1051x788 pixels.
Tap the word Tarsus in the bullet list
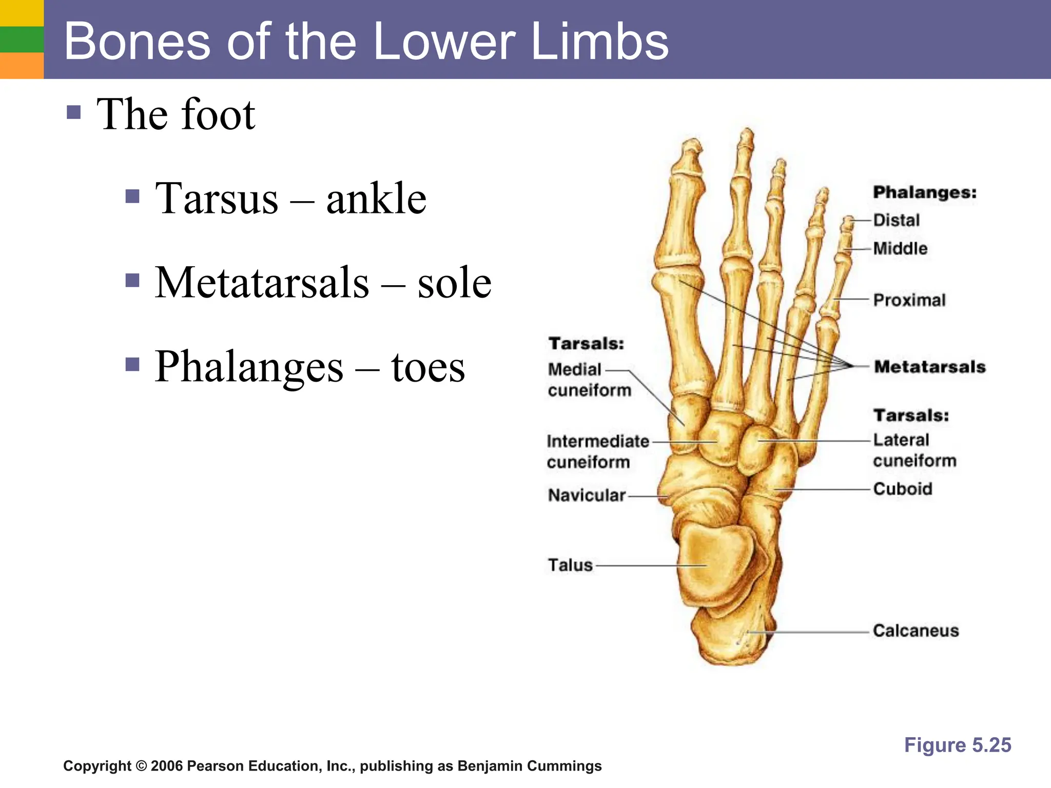217,199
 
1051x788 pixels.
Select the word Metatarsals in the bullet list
262,283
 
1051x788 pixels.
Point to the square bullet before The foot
74,112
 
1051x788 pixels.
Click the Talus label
570,565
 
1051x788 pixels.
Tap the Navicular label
587,496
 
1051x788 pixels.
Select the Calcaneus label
916,631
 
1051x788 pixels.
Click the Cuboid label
902,489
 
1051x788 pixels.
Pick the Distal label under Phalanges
896,221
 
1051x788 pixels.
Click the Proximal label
909,300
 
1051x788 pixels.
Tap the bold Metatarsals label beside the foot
929,367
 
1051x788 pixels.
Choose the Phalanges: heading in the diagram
924,193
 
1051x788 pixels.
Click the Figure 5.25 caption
957,745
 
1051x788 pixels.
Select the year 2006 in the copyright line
167,766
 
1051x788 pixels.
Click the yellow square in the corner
22,13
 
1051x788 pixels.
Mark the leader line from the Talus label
649,566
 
